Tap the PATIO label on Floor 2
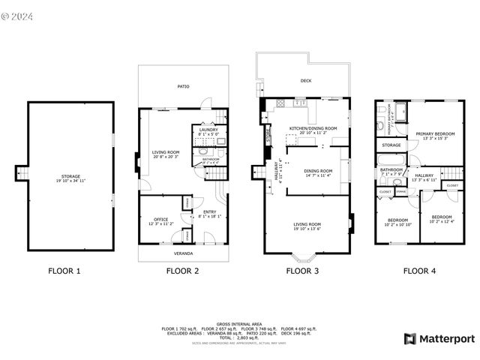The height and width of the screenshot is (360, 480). [x=183, y=86]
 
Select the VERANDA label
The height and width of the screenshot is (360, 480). [x=183, y=253]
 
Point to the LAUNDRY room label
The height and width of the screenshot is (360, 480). [x=208, y=130]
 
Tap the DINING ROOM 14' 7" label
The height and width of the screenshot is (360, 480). [x=313, y=172]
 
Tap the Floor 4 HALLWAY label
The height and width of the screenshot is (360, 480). [x=424, y=177]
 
